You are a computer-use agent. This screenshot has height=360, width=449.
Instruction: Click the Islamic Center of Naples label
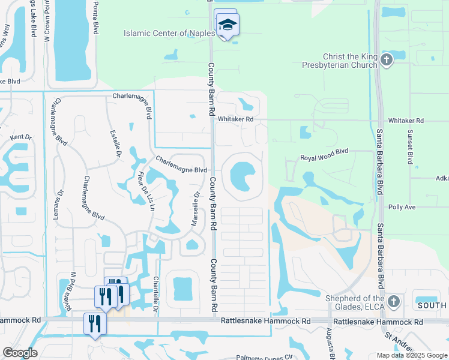[x=169, y=33]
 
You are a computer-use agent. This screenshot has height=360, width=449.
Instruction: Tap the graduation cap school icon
[x=228, y=25]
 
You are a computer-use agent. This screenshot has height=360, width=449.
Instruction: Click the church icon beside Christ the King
[x=387, y=59]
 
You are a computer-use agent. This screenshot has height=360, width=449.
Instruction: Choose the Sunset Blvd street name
[x=411, y=148]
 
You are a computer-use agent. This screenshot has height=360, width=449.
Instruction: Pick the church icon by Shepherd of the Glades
[x=393, y=301]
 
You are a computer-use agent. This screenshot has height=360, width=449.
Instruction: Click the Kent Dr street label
[x=19, y=137]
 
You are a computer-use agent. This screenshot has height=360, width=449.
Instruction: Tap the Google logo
[x=20, y=353]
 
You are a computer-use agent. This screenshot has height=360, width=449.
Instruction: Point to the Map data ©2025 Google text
[x=411, y=355]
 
